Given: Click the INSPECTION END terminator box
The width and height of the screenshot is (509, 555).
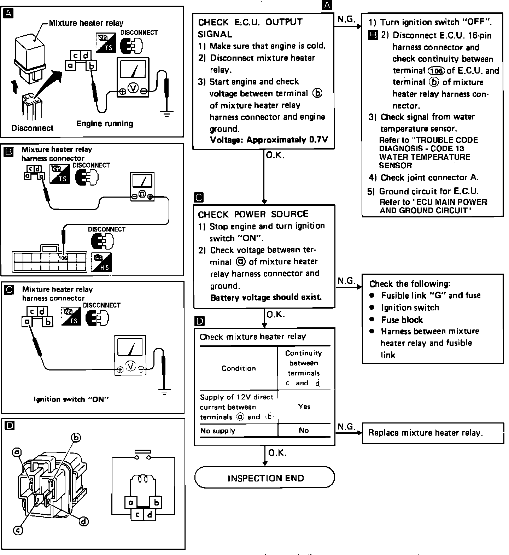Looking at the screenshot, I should tap(264, 478).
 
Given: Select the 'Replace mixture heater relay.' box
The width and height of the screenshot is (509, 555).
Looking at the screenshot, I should tap(433, 433).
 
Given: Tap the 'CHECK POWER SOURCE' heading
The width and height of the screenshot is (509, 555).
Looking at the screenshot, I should tap(253, 214).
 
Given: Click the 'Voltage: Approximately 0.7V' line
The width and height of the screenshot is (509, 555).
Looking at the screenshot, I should tap(269, 140).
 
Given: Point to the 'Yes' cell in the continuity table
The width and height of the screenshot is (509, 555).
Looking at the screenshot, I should tap(304, 407).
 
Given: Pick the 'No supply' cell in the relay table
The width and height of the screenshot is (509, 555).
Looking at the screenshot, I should tap(218, 431).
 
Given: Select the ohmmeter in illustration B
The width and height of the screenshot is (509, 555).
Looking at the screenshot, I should tap(142, 187).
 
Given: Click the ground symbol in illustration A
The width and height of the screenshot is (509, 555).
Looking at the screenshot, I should tap(166, 114).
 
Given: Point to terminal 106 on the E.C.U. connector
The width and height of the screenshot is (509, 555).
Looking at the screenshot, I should tap(63, 258).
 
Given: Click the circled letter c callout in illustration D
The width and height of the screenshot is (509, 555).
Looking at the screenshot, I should tap(18, 530).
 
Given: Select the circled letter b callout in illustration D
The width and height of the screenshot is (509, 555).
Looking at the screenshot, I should tap(76, 438).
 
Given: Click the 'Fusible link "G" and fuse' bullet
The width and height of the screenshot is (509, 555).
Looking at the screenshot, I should tap(431, 295).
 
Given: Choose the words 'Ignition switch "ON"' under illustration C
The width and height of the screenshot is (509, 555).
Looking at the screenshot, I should tap(71, 399).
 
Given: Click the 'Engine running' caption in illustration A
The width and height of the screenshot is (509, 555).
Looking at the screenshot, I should tap(105, 123).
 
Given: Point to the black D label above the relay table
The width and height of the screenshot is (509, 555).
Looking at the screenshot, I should tap(200, 321).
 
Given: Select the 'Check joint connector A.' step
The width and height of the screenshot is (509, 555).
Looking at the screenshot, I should tap(429, 177).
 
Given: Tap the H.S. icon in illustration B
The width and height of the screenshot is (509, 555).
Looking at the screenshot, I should tap(101, 262).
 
